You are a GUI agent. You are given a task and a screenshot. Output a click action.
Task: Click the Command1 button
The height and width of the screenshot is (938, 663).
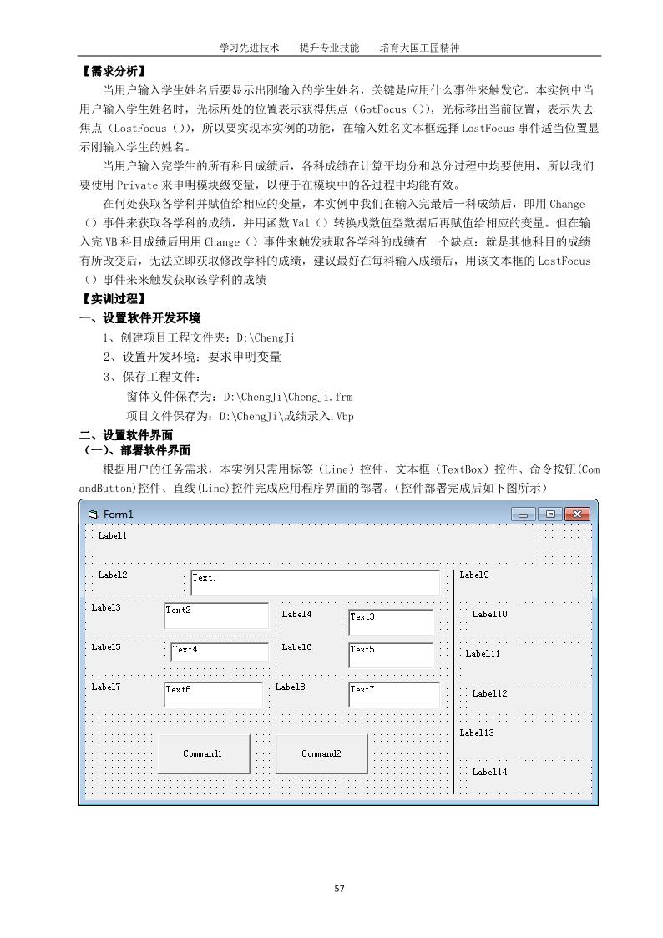coord(203,753)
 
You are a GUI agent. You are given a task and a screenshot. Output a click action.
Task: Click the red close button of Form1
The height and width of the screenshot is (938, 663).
coord(576,515)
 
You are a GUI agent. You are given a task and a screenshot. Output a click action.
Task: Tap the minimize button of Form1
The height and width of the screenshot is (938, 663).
coord(524,515)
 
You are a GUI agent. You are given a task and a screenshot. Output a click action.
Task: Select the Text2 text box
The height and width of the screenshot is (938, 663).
coord(216,616)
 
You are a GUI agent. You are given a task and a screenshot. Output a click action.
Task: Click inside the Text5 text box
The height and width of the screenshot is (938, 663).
coord(391,655)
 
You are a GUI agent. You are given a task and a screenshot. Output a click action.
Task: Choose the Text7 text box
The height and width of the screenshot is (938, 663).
coord(394,694)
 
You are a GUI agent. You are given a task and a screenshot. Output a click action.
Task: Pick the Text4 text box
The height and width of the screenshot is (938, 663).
coord(220,652)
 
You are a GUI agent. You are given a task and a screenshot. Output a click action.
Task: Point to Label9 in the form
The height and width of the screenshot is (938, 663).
coord(474,575)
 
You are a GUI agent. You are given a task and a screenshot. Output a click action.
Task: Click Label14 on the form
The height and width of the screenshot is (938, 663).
coord(489,772)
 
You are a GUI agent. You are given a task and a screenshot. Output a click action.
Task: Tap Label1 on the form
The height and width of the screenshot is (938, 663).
coord(113,535)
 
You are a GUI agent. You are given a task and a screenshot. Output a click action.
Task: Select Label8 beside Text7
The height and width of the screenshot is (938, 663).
coord(290,687)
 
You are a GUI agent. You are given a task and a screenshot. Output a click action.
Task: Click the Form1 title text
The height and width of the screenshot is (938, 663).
coord(119,515)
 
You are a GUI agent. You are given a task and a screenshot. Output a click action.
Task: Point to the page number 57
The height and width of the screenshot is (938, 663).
coord(339,888)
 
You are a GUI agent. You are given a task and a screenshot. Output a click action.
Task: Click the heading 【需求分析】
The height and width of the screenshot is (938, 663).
coord(112,71)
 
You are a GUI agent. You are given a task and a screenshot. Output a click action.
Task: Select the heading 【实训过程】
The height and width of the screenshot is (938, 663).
coord(112,298)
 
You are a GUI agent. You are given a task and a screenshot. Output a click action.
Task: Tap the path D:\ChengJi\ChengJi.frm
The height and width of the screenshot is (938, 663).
coord(288,397)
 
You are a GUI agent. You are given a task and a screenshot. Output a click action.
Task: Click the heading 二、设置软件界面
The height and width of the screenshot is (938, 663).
coord(126,435)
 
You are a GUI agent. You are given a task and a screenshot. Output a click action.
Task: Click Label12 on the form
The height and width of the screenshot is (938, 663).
coord(489,693)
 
